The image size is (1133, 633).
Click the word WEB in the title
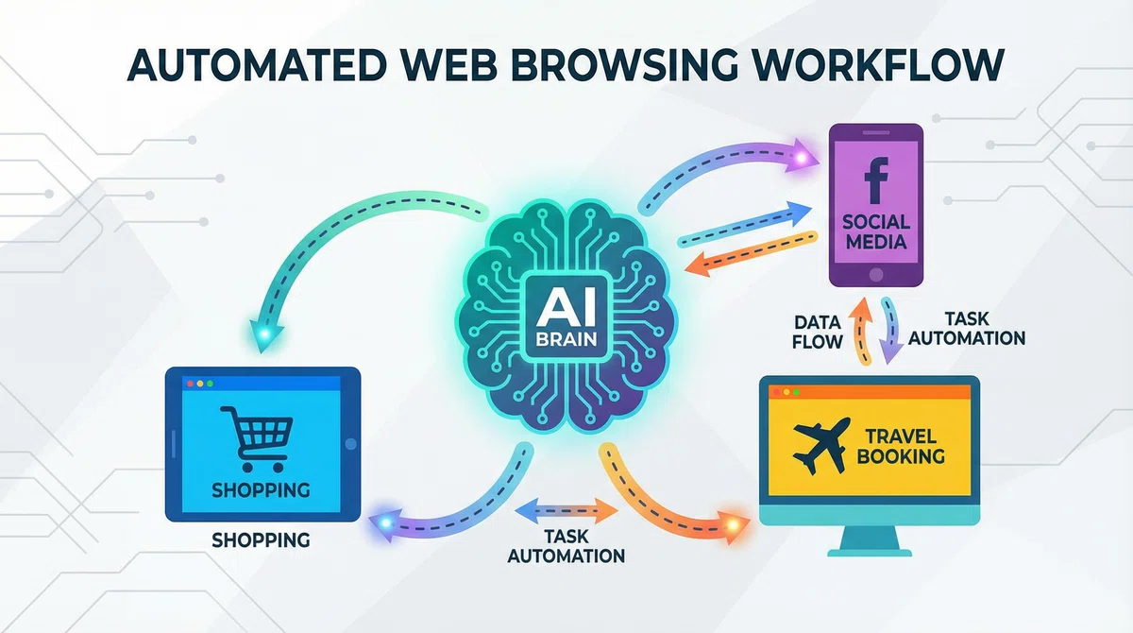(450, 65)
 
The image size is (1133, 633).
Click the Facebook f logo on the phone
(876, 180)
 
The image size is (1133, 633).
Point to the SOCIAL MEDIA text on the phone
(876, 231)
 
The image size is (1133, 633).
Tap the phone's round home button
(876, 275)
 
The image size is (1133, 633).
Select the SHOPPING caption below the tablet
(261, 539)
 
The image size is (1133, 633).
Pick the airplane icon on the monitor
(821, 445)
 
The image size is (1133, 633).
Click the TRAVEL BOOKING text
(901, 446)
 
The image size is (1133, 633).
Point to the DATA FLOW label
(818, 333)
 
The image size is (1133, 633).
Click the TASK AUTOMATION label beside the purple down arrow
(967, 329)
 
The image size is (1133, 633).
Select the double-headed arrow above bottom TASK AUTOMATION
(566, 510)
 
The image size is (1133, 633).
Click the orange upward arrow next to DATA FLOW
(859, 332)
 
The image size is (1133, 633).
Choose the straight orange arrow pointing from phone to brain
(752, 253)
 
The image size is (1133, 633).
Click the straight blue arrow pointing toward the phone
(745, 224)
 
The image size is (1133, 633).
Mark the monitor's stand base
(870, 552)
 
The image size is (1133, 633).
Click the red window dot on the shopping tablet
(190, 384)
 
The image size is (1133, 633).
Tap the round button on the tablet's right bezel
(350, 444)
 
